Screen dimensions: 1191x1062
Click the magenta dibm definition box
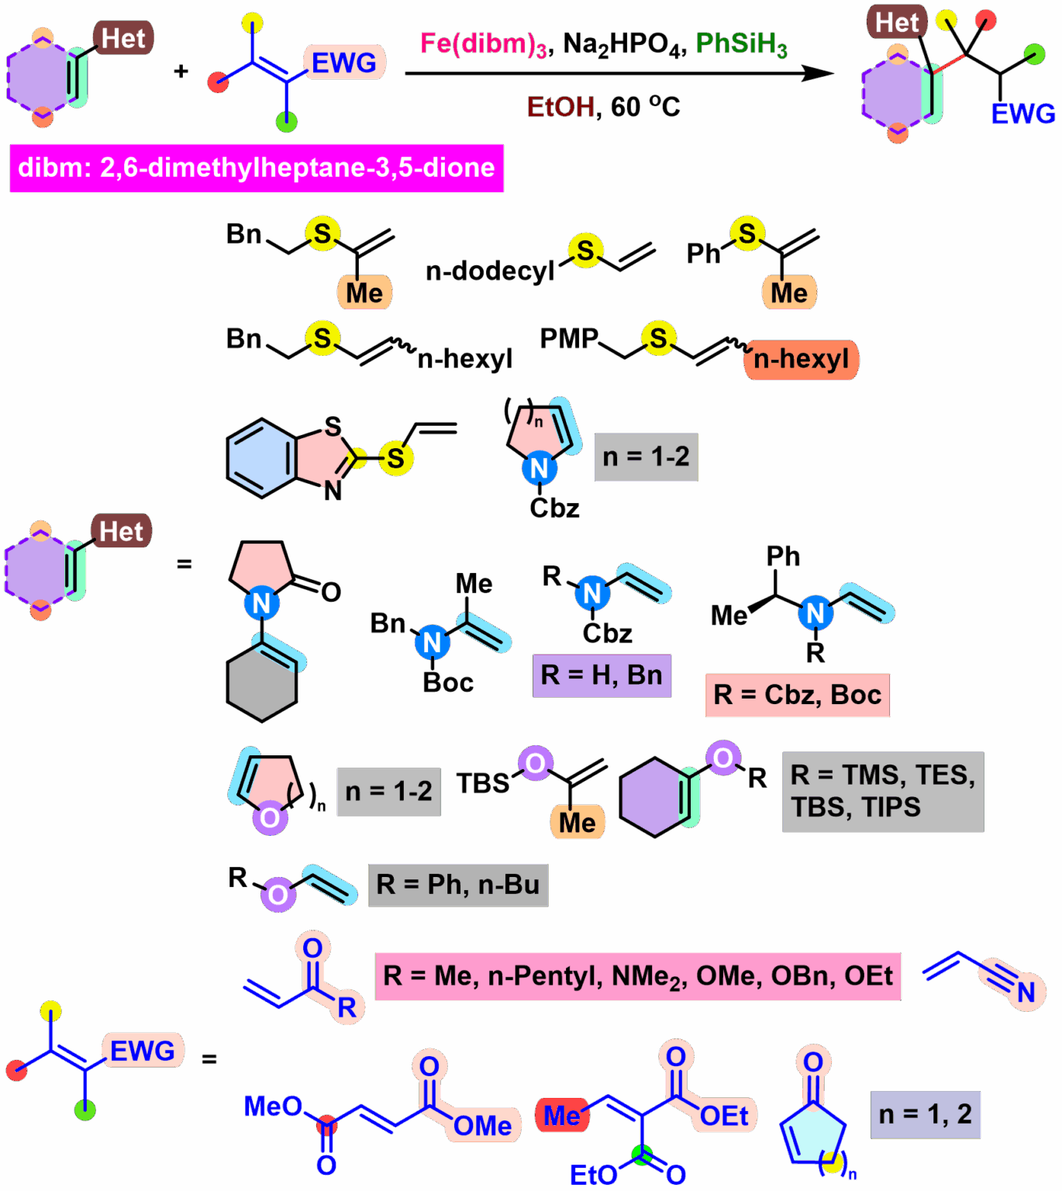[x=257, y=168]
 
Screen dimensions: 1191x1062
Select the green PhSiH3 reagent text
[x=741, y=45]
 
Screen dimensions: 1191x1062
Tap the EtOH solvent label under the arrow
[x=560, y=107]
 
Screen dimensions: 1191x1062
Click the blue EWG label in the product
[x=1022, y=114]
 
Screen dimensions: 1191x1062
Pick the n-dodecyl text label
[x=490, y=271]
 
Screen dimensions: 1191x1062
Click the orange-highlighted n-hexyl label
[x=801, y=360]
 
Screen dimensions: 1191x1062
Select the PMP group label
[x=569, y=339]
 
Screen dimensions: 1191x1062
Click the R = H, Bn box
[x=602, y=675]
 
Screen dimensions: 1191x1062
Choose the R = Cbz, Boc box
[x=797, y=696]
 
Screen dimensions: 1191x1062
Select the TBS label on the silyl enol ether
[x=482, y=784]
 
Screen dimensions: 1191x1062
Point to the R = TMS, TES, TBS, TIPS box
[x=883, y=792]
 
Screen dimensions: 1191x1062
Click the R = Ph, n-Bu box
[x=457, y=885]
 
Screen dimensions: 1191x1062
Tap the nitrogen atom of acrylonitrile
[x=1026, y=992]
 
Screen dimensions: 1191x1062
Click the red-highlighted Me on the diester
[x=561, y=1116]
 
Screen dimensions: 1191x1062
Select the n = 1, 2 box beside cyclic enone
[x=925, y=1115]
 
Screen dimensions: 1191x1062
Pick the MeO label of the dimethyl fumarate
[x=272, y=1106]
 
